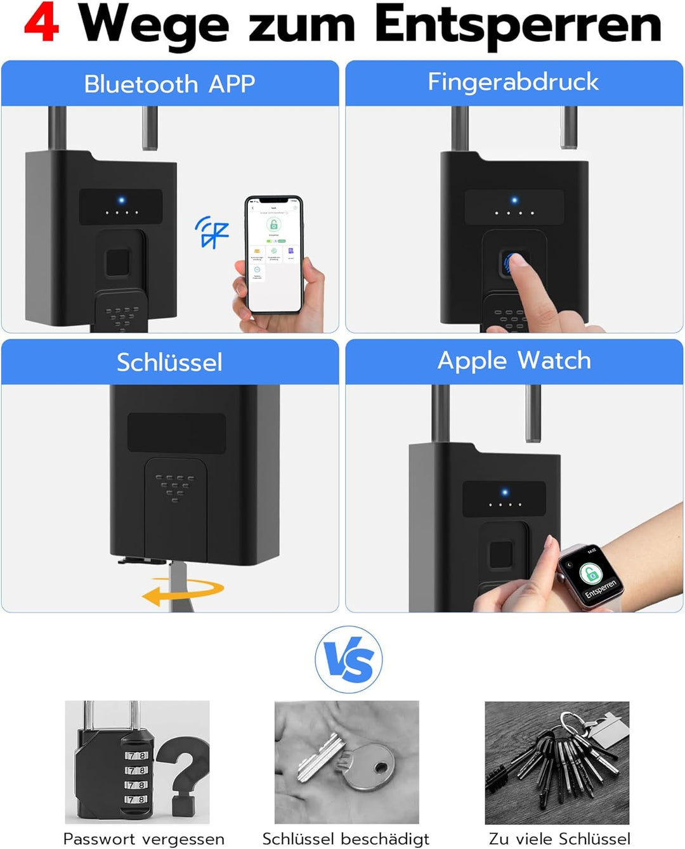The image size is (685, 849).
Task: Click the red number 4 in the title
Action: point(42,23)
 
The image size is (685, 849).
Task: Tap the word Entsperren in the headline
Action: point(518,25)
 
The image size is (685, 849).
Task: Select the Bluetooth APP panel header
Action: point(169,84)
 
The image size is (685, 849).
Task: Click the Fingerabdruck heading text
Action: point(513,82)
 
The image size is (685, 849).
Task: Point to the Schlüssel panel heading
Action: point(169,362)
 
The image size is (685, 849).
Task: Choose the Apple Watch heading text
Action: point(514,360)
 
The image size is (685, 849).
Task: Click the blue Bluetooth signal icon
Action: point(211,231)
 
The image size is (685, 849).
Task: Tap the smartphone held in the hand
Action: point(274,254)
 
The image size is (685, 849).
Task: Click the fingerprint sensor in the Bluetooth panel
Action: point(117,262)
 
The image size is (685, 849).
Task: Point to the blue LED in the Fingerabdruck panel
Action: point(514,200)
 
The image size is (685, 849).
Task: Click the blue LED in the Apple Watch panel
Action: point(505,492)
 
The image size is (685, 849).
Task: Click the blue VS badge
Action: point(348,659)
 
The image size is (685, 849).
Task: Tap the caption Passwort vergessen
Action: point(143,839)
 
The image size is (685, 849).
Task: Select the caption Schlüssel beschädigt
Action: point(346,839)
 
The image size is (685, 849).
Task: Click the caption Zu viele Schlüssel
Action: point(559,839)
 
